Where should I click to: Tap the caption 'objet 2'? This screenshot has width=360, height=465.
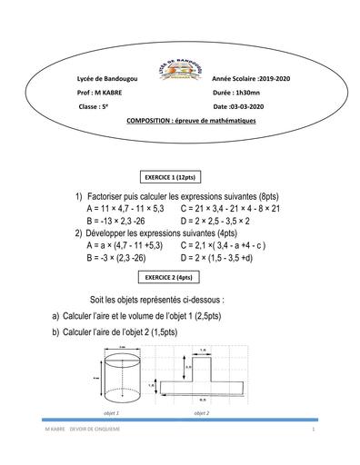[x=202, y=413]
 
